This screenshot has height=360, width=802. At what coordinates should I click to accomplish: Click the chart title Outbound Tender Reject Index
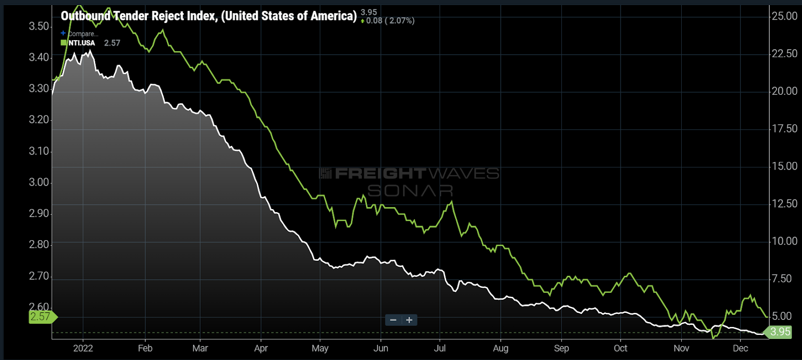pyautogui.click(x=209, y=16)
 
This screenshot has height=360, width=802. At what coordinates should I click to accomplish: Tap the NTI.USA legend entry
pyautogui.click(x=81, y=43)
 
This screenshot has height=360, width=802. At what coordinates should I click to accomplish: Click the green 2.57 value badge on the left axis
pyautogui.click(x=41, y=317)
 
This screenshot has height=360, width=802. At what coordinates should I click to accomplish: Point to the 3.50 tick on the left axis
pyautogui.click(x=39, y=26)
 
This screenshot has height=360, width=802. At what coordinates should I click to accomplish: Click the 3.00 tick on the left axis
pyautogui.click(x=39, y=183)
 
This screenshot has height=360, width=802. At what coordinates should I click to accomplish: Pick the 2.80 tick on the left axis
pyautogui.click(x=39, y=245)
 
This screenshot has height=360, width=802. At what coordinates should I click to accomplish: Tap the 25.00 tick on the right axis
pyautogui.click(x=784, y=16)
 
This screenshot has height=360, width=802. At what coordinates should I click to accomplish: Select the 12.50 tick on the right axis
pyautogui.click(x=784, y=204)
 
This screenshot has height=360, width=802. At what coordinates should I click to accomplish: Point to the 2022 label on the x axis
pyautogui.click(x=83, y=348)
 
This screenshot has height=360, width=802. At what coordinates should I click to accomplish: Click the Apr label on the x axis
pyautogui.click(x=261, y=348)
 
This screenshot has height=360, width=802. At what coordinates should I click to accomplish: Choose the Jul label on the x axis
pyautogui.click(x=440, y=348)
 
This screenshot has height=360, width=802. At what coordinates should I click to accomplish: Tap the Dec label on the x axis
pyautogui.click(x=740, y=348)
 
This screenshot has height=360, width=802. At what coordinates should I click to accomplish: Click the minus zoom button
pyautogui.click(x=393, y=320)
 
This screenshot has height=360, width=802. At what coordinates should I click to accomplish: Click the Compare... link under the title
pyautogui.click(x=83, y=34)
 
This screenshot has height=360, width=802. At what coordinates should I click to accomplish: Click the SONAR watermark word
pyautogui.click(x=410, y=191)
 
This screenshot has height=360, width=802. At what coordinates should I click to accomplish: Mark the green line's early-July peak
pyautogui.click(x=452, y=202)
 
